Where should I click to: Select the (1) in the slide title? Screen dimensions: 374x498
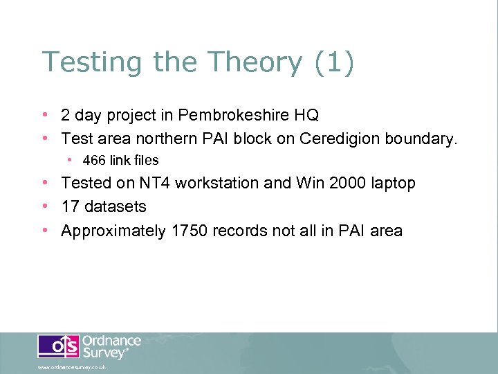pos(333,62)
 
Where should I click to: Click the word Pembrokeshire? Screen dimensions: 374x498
pos(225,114)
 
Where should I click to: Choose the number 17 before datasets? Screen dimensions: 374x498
pos(71,206)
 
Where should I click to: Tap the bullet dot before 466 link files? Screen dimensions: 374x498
pos(70,160)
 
